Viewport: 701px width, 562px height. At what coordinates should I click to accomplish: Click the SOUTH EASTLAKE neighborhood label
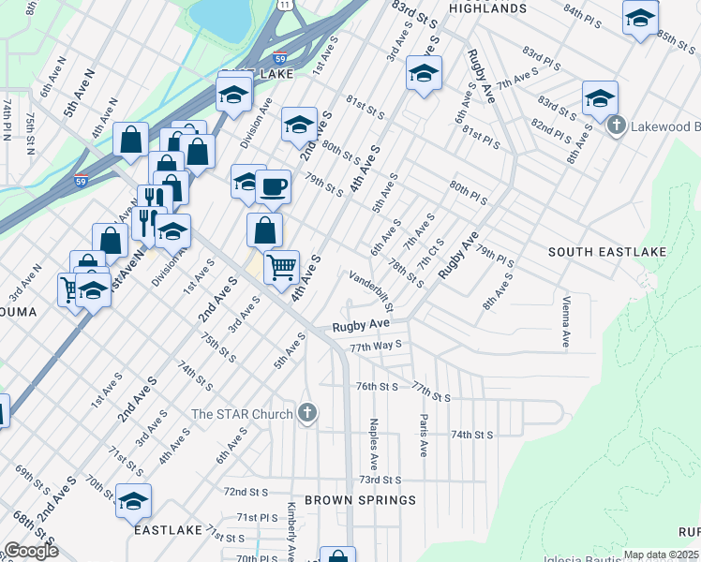coord(595,252)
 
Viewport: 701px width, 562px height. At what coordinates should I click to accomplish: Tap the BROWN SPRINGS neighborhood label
coord(360,500)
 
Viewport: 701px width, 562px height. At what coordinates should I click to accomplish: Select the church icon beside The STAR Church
coord(307,412)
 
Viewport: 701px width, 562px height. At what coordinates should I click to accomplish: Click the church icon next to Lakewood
coord(616,126)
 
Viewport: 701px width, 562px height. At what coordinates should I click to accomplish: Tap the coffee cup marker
coord(273,186)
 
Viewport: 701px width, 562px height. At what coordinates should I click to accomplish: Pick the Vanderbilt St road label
coord(371,291)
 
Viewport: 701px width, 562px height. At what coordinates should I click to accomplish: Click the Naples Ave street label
coord(373,444)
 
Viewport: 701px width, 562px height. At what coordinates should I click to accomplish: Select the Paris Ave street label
coord(424,436)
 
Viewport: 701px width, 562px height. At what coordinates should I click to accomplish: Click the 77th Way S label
coord(375,346)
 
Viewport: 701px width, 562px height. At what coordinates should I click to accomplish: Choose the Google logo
coord(31,552)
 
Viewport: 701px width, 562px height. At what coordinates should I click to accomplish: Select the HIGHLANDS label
coord(487,8)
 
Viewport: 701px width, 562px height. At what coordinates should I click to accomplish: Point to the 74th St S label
coord(472,435)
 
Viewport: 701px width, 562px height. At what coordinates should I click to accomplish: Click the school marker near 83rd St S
coord(424,74)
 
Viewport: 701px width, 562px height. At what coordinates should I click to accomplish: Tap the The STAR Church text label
coord(244,413)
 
